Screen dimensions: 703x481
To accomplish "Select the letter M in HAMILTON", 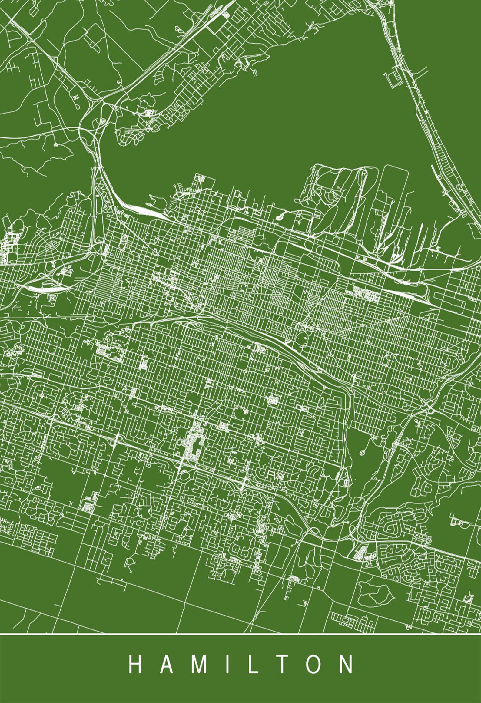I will (200, 662).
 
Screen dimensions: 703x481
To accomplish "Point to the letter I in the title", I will (228, 662).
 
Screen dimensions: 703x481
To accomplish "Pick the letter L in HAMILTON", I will (253, 662).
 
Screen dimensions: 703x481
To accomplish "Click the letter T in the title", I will (281, 662).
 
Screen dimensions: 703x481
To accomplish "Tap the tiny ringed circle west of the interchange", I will (55, 145).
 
